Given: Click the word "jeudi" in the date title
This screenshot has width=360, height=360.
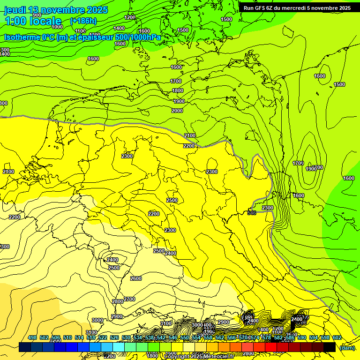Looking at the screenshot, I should click(x=15, y=10).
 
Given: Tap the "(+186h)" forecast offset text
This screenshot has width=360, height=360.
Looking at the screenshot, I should click(x=83, y=21).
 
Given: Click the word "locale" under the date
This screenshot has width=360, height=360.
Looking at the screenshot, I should click(x=45, y=21).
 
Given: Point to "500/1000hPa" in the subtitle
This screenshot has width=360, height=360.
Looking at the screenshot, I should click(x=138, y=37).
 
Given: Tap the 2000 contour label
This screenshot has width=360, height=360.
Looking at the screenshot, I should click(x=177, y=111).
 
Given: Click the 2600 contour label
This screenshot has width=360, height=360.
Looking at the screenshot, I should click(x=136, y=278).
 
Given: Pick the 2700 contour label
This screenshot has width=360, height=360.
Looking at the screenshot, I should click(x=129, y=299).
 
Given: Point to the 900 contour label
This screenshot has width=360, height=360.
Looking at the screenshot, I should click(x=37, y=15).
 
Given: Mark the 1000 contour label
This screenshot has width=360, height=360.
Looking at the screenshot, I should click(x=57, y=27).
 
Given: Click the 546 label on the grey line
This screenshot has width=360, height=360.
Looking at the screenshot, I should click(x=252, y=213).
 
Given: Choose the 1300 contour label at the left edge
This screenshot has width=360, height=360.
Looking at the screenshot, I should click(x=4, y=50).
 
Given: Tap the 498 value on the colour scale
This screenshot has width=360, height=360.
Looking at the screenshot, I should click(x=32, y=337).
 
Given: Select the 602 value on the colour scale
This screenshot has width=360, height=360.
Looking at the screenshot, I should click(x=337, y=337).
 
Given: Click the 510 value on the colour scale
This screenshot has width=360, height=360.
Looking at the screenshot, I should click(x=67, y=337).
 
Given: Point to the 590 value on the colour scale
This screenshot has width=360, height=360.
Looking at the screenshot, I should click(x=301, y=337).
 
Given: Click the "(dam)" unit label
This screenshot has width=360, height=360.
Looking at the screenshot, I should click(x=347, y=347).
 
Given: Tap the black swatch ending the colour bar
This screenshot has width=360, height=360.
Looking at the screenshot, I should click(x=329, y=347).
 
